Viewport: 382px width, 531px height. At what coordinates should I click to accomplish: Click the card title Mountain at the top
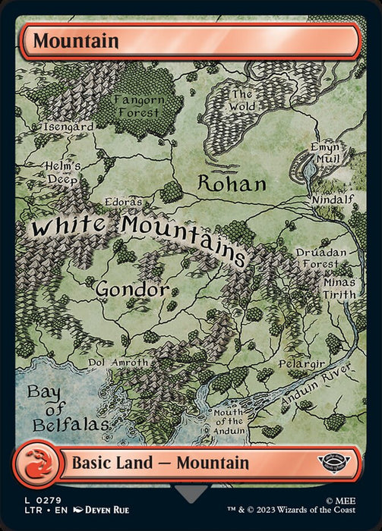(75, 40)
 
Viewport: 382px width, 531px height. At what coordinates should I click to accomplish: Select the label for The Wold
(242, 101)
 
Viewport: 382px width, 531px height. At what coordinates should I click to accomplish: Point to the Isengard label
(68, 127)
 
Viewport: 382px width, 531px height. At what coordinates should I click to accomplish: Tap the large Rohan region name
(232, 184)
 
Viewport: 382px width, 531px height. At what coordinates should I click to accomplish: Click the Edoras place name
(124, 203)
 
